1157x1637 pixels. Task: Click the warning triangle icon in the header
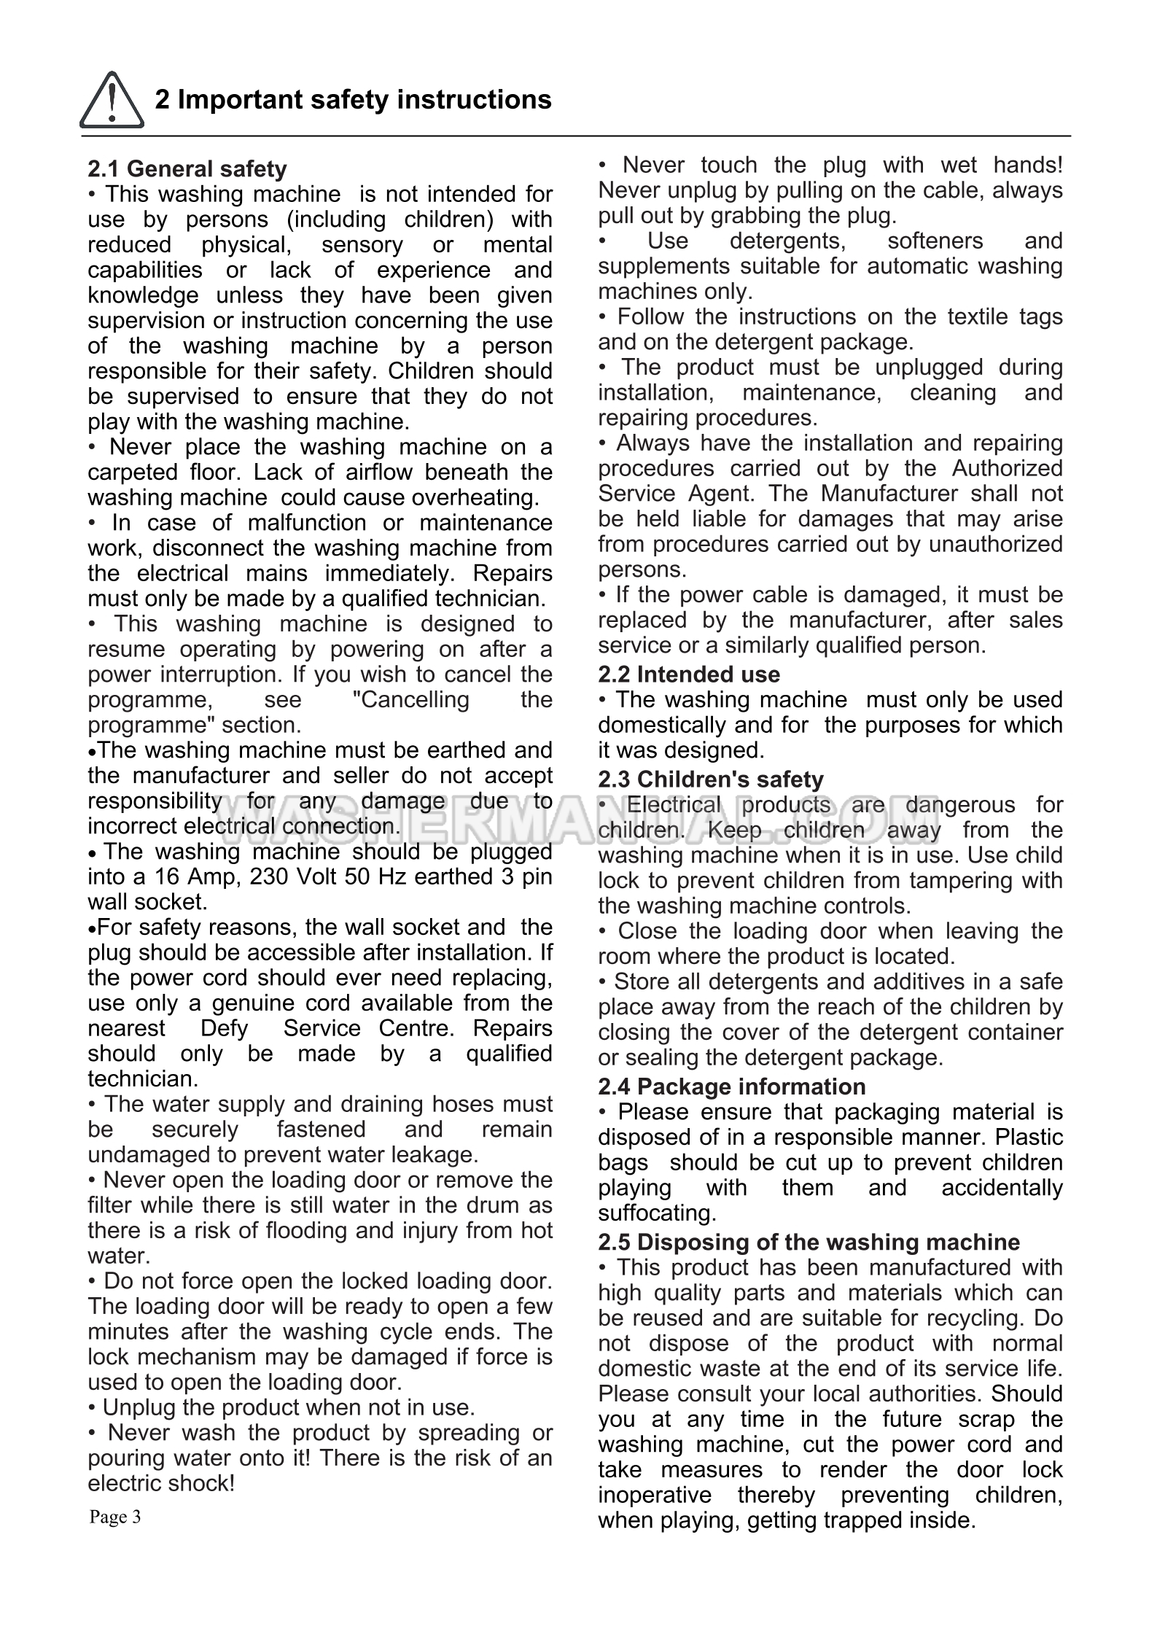111,101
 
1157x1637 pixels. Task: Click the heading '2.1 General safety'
187,169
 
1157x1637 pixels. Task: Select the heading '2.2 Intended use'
688,674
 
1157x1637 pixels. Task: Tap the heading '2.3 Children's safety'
710,779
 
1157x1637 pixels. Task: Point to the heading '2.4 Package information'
731,1086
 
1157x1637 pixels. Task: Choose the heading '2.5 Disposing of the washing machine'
809,1242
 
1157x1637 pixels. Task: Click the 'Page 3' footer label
115,1517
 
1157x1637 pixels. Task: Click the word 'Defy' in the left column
224,1028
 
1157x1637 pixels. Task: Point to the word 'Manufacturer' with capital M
889,494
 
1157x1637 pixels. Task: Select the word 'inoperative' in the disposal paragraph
654,1495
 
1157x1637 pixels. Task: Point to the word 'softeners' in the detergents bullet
935,241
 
